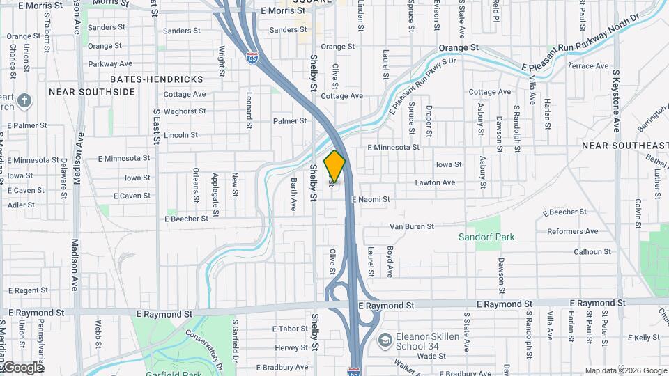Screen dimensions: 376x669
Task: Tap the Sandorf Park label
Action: pos(486,237)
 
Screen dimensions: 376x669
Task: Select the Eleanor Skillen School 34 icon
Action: pos(384,341)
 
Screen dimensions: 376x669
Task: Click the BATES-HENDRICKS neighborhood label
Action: pos(156,79)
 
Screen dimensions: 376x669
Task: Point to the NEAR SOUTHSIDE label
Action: pos(91,92)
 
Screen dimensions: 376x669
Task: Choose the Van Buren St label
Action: pos(411,226)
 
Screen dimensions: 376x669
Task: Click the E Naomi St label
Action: pos(371,199)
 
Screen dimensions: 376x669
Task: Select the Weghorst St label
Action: pos(185,111)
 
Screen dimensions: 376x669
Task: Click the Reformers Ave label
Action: pos(573,231)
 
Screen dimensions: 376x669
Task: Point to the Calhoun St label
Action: pos(592,251)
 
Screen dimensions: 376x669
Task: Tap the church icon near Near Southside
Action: pos(24,102)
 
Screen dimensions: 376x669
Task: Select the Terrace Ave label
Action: pos(588,66)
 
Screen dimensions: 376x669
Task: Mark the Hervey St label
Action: pos(291,347)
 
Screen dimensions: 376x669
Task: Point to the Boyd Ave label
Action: pos(390,262)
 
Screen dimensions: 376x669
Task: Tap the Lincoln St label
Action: pos(181,134)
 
